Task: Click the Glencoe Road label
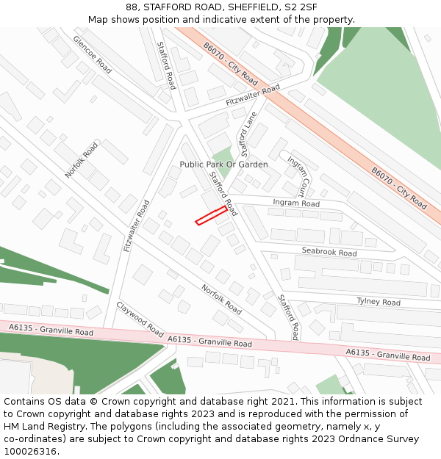[92, 54]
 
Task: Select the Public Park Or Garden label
[223, 165]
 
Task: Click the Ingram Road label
[296, 203]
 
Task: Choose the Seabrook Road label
[329, 252]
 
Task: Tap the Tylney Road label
[378, 302]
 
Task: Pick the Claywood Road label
[140, 319]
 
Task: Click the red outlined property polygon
[211, 215]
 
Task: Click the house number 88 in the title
[132, 7]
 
